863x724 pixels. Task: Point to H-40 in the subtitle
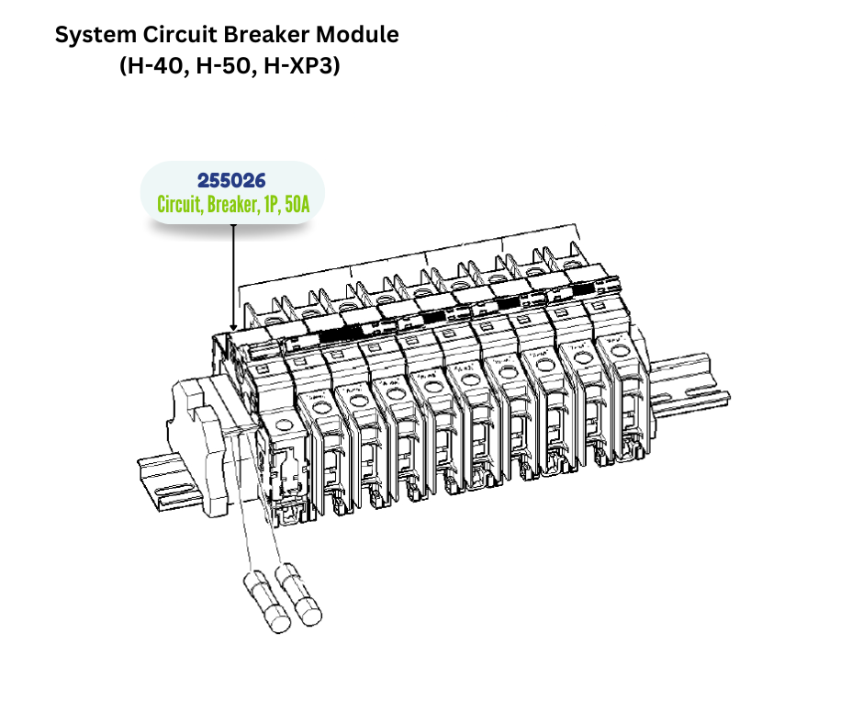click(152, 67)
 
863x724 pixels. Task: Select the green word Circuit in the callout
click(180, 205)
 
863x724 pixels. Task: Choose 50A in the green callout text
click(297, 205)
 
